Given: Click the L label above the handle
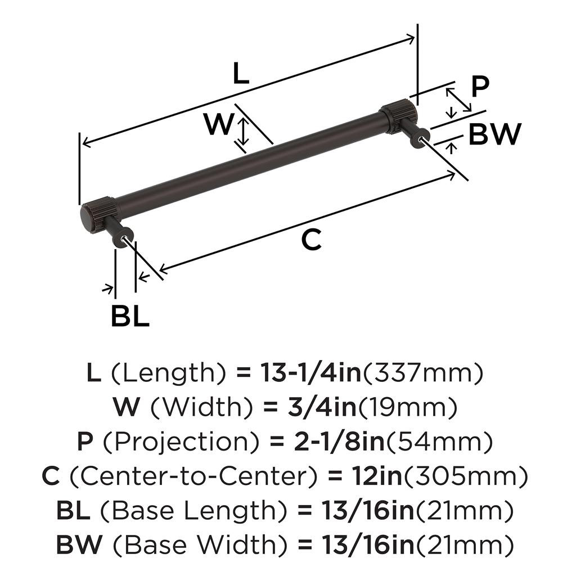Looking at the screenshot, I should [240, 74].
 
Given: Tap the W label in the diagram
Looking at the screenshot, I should [218, 125].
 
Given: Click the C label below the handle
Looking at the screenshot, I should [310, 240].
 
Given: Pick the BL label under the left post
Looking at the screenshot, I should [129, 317].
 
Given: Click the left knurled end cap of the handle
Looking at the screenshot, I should [98, 215].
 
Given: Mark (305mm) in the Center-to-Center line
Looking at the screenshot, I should [466, 477].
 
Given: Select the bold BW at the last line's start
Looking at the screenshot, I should [79, 544].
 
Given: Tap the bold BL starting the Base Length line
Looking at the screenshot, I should [74, 511].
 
